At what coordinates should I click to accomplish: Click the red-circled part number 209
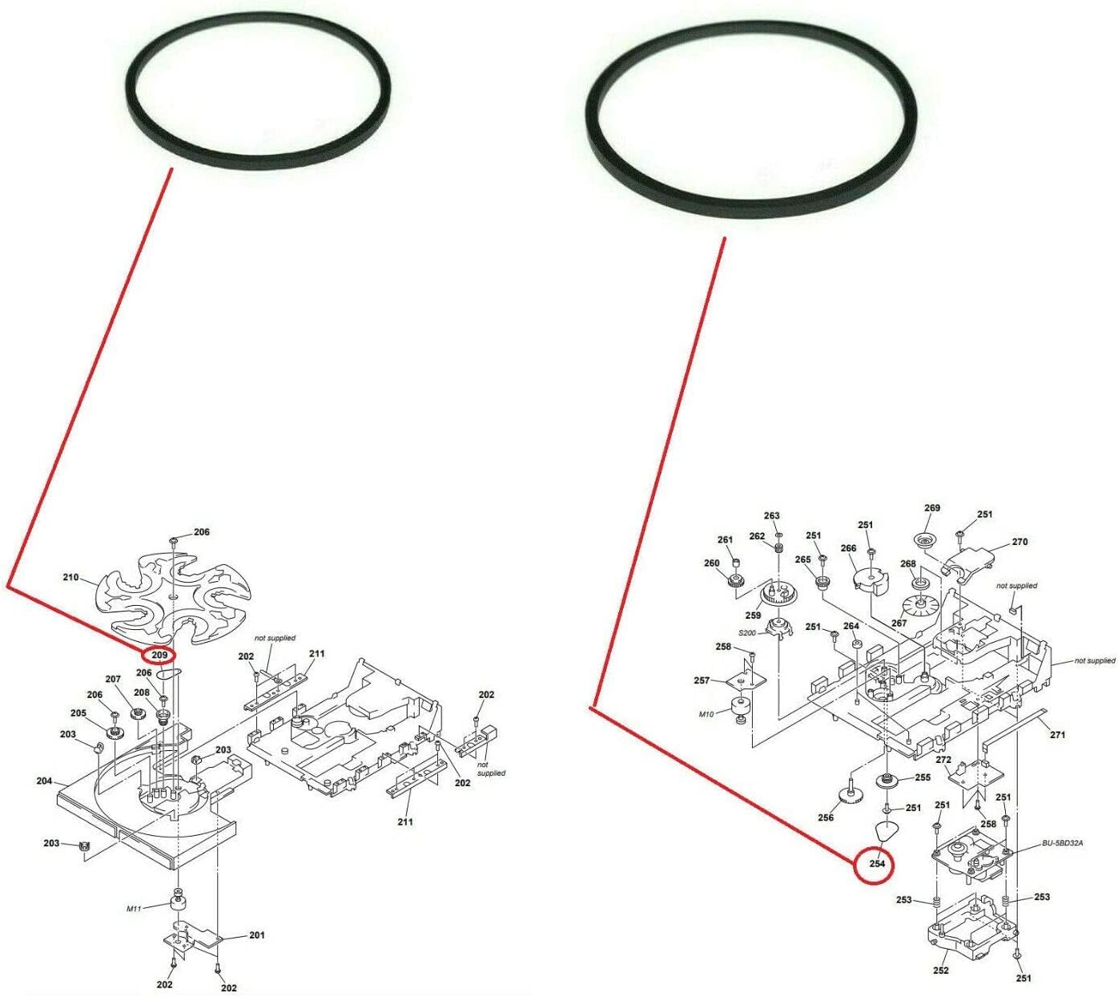click(160, 656)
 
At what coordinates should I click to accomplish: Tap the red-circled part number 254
click(877, 864)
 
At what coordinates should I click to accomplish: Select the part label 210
click(70, 577)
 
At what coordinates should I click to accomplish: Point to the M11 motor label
click(134, 909)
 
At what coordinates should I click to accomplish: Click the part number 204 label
click(44, 781)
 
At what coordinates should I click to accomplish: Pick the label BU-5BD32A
click(1063, 843)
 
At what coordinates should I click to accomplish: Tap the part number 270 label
click(1019, 542)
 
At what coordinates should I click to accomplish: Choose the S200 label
click(747, 633)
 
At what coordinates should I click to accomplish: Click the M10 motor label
click(706, 714)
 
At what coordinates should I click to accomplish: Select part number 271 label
click(1057, 735)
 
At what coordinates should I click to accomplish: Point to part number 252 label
click(941, 971)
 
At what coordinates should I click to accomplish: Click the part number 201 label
click(256, 935)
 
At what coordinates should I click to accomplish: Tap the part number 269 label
click(932, 508)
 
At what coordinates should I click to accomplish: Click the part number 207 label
click(113, 680)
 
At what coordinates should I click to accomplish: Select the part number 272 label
click(943, 760)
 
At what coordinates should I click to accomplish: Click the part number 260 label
click(712, 563)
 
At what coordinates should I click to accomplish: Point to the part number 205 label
click(78, 713)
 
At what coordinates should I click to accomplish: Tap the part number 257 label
click(702, 680)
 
